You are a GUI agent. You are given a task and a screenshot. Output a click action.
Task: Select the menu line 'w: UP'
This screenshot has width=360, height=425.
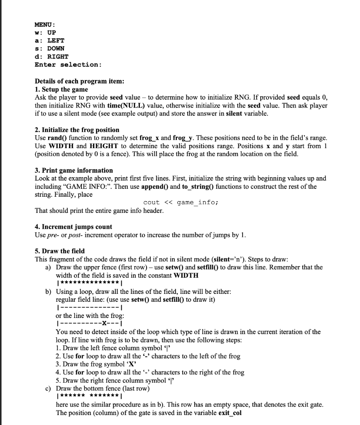(x=45, y=33)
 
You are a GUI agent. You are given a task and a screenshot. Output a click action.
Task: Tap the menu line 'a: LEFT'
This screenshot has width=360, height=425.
(x=49, y=41)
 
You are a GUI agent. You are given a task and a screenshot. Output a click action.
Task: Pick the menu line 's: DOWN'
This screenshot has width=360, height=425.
(x=49, y=49)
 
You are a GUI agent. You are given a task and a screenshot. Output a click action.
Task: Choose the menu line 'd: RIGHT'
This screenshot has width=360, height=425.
(x=51, y=56)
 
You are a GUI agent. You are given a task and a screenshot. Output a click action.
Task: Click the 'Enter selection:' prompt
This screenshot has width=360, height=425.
(x=68, y=65)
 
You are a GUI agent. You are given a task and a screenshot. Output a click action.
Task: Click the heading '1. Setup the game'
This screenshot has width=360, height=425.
(x=61, y=89)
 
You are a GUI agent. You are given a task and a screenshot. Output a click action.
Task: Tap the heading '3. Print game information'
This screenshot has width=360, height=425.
(x=74, y=170)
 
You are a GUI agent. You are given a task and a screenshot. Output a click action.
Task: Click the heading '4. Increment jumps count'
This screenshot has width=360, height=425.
(x=73, y=227)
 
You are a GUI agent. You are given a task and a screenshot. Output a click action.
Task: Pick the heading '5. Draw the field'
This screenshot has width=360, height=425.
(x=60, y=251)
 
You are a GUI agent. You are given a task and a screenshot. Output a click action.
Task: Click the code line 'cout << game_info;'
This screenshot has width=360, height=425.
(x=181, y=203)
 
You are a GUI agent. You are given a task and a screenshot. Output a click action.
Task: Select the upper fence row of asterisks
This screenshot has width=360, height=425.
(x=88, y=283)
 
